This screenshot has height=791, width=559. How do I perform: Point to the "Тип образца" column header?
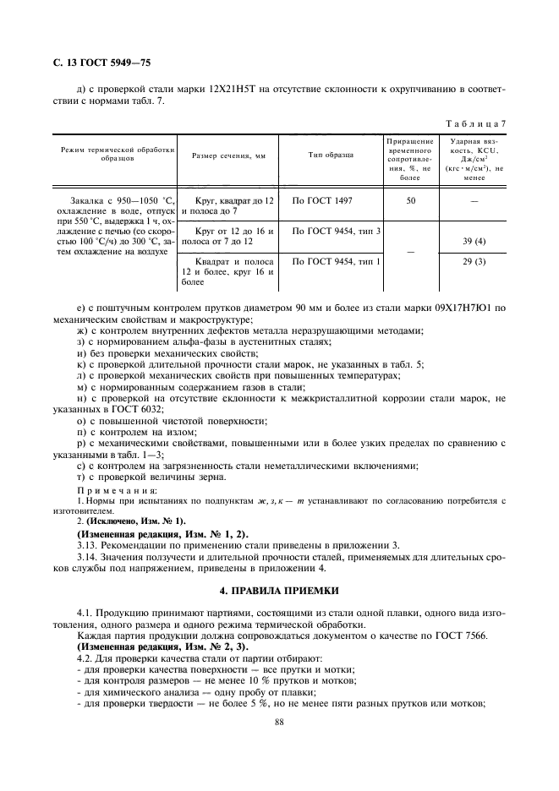pos(331,155)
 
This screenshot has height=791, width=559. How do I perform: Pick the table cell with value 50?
pos(410,202)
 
